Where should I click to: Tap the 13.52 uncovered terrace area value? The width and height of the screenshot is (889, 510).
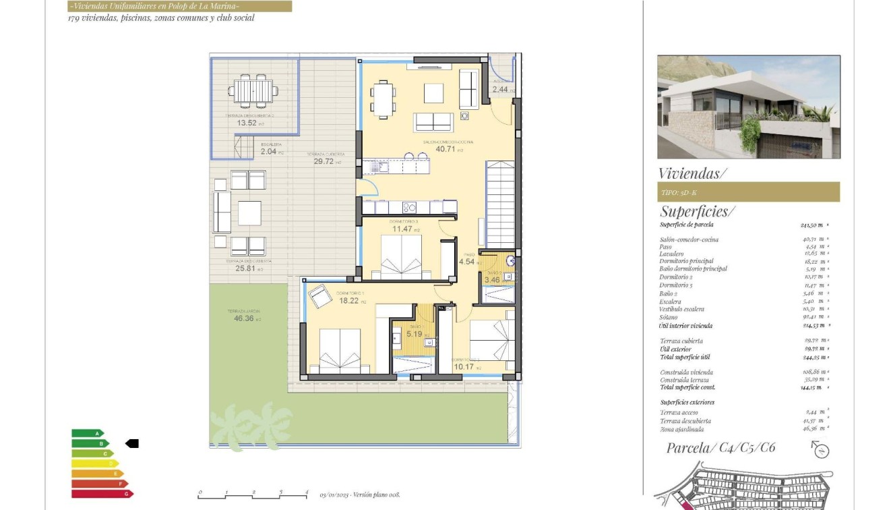point(246,123)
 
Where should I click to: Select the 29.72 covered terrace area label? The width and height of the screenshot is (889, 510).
point(324,162)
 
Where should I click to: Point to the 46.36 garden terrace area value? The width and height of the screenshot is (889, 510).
point(244,318)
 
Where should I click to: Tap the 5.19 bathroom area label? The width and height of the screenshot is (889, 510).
point(413,334)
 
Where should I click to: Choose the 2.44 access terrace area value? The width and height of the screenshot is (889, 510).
point(501,89)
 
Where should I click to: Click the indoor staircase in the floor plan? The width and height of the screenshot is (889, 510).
point(500,204)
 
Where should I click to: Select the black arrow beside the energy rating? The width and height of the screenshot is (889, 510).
point(132,443)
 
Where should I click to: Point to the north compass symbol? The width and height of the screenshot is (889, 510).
point(820,449)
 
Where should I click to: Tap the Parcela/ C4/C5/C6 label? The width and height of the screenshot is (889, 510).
point(721,448)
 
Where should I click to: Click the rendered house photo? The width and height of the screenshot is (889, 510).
point(748,107)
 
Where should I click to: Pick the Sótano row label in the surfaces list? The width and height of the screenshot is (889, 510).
point(669,316)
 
